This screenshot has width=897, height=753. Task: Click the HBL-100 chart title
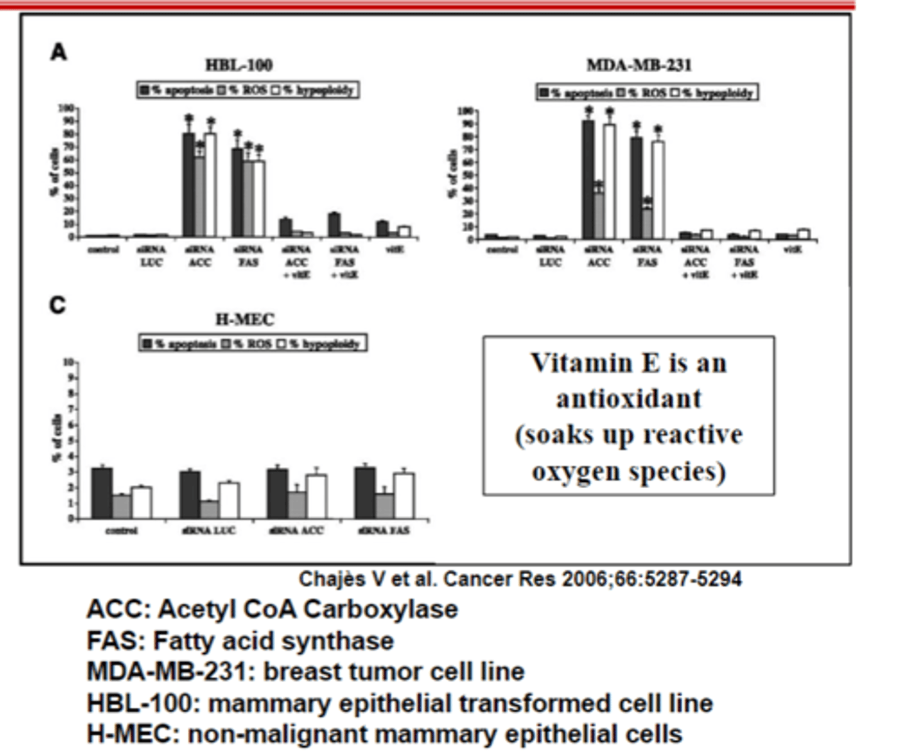(239, 65)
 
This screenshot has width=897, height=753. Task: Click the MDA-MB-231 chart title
(638, 66)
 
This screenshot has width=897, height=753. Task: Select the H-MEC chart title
(244, 320)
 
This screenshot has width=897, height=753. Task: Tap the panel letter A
(58, 52)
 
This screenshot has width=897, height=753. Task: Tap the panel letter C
(58, 306)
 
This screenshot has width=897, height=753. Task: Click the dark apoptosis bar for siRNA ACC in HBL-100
(188, 185)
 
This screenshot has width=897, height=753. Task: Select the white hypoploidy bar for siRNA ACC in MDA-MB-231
(609, 182)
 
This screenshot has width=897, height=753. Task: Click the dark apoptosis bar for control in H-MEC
(102, 493)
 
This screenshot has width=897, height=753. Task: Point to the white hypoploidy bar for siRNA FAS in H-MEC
(404, 496)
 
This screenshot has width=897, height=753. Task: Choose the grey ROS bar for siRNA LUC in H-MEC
(209, 510)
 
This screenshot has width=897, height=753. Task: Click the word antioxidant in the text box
(629, 399)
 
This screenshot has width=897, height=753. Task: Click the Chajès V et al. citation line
(520, 579)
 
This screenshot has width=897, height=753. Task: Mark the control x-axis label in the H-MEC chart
(121, 531)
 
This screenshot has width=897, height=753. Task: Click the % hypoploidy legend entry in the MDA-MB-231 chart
(717, 93)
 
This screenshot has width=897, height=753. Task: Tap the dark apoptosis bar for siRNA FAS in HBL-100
(237, 192)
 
